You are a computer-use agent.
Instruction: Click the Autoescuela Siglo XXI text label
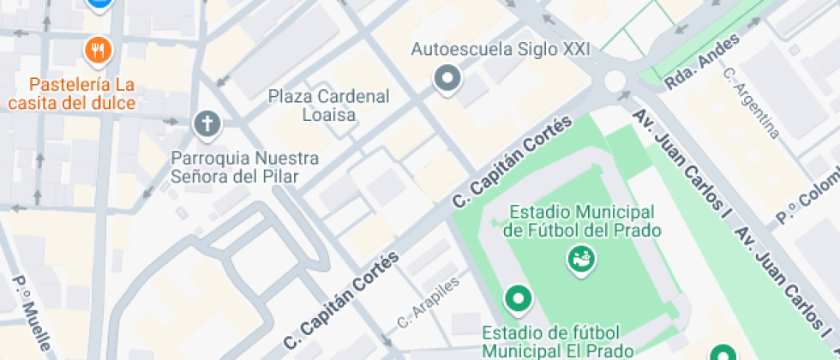click(501, 49)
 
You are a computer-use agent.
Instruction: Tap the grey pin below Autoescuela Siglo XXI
click(447, 80)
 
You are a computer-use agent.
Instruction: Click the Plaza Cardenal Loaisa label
click(329, 104)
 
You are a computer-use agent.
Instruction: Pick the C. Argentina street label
click(752, 103)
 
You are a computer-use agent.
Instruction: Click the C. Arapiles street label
click(429, 303)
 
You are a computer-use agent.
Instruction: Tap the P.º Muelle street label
click(32, 315)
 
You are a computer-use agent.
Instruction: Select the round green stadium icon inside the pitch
click(580, 256)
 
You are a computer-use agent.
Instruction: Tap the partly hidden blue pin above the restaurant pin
click(99, 3)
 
